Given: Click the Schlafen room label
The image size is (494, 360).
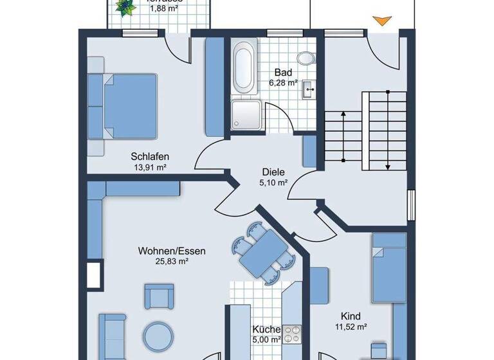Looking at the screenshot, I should [149, 156].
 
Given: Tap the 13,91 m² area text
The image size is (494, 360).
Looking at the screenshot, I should [149, 168].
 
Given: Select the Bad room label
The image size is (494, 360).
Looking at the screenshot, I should [283, 72].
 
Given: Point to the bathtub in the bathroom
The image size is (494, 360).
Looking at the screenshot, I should [244, 67].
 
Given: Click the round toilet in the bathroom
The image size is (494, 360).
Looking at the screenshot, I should [307, 58].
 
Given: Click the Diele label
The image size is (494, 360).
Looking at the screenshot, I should [273, 172].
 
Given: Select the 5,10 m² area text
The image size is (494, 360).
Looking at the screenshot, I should [273, 183].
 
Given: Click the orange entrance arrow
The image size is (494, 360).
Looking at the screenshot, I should [381, 21].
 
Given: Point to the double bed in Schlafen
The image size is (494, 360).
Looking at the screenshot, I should [129, 105].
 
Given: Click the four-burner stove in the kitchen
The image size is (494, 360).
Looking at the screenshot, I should [293, 334].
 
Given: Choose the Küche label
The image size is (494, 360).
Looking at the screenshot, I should [266, 328].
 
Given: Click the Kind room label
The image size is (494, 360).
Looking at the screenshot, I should [351, 316].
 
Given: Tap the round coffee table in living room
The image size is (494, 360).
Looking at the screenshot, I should [158, 336].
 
